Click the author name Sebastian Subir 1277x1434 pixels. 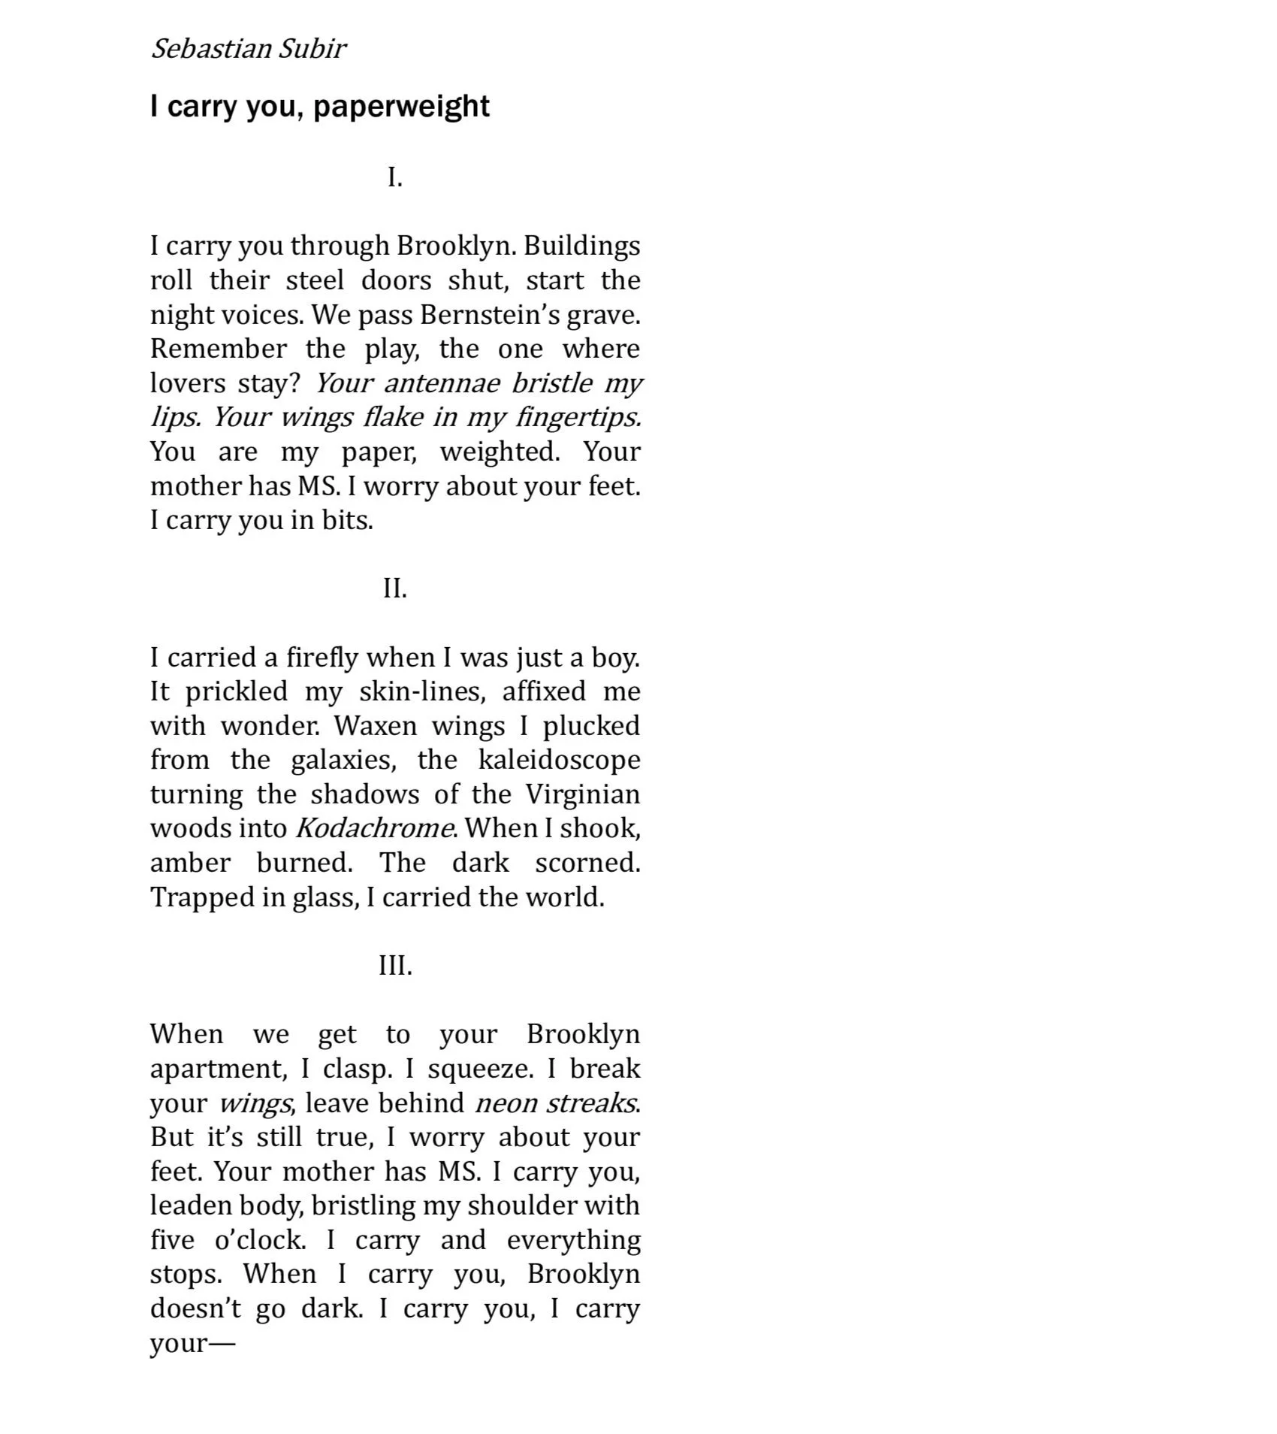point(248,49)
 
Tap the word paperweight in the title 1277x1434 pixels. point(401,107)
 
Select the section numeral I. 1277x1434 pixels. point(394,178)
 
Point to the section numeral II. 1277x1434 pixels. point(394,588)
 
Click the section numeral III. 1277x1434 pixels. point(395,965)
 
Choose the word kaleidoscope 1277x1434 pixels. point(559,760)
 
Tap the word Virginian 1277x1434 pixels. point(582,794)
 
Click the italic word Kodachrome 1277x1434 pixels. point(374,828)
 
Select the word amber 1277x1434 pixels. point(190,863)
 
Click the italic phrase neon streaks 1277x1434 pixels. point(556,1103)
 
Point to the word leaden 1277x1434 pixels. point(190,1206)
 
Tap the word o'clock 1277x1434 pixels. point(260,1240)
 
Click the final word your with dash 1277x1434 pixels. point(192,1344)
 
